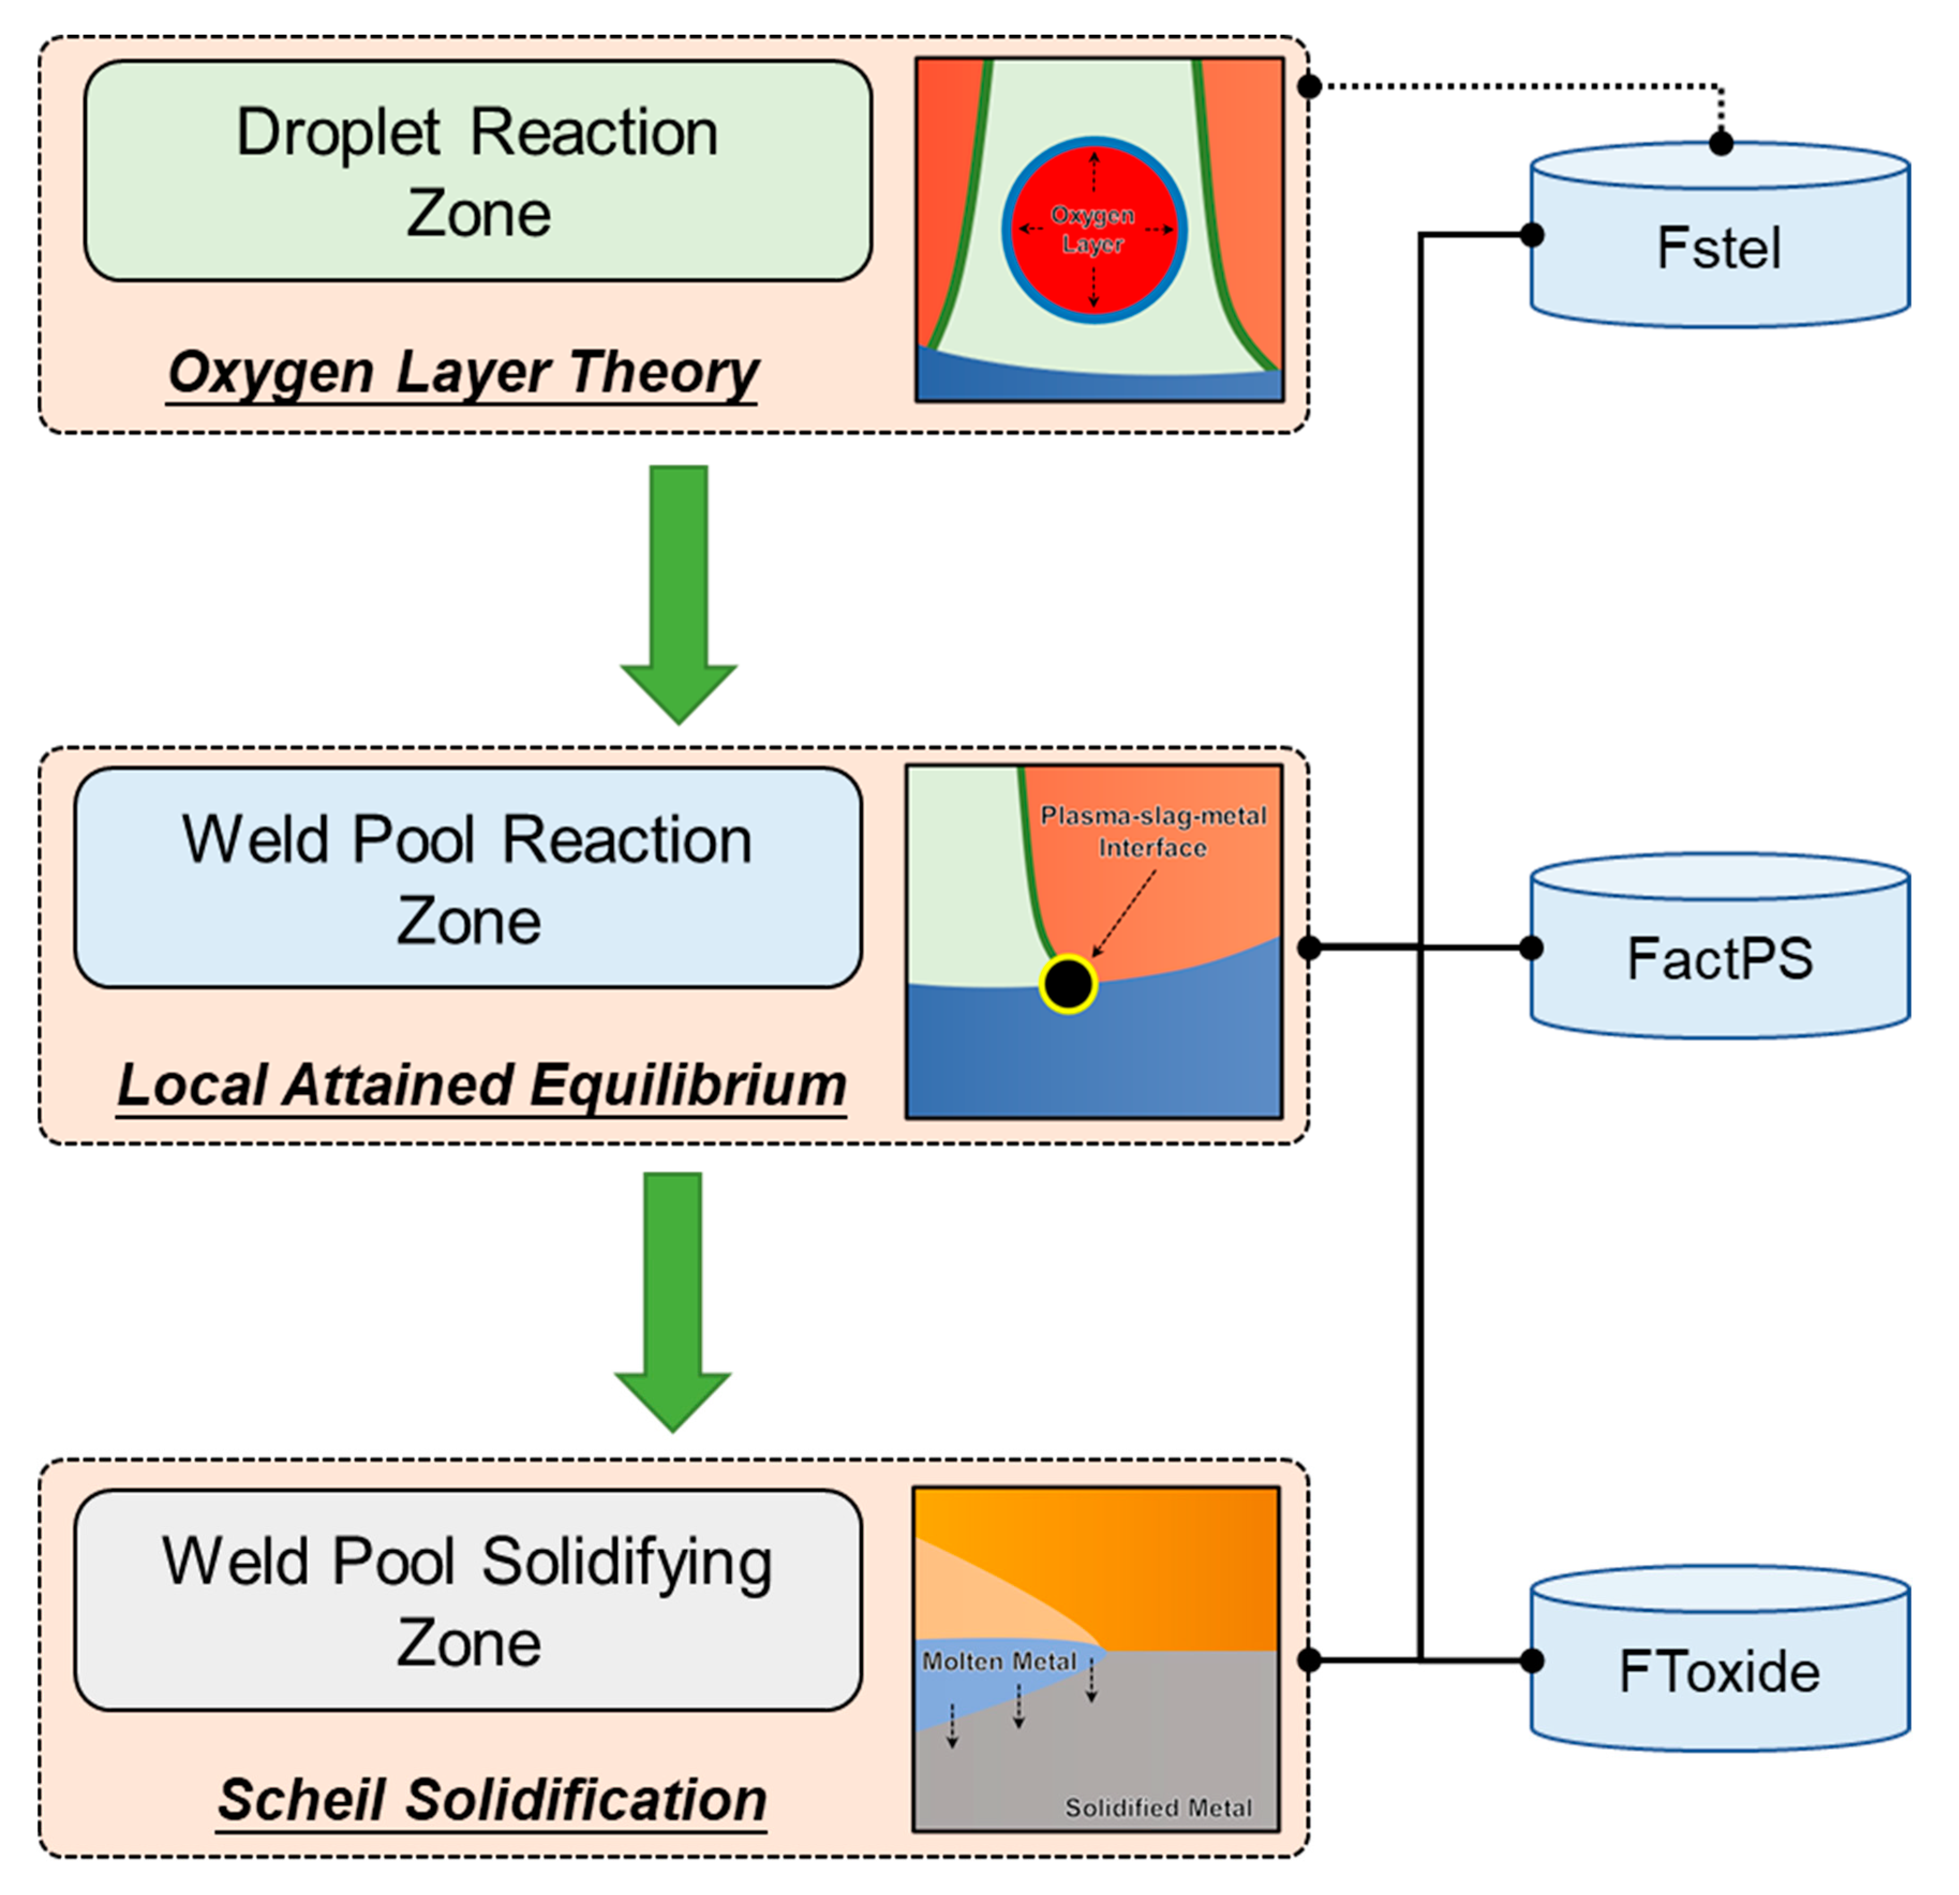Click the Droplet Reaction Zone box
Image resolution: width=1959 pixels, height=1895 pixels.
coord(478,171)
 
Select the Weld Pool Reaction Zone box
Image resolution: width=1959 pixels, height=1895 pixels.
coord(468,878)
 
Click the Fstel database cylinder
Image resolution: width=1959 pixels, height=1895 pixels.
coord(1720,235)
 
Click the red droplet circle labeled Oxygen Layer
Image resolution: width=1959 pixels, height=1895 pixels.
coord(1094,230)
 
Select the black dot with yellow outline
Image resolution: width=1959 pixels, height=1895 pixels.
coord(1068,984)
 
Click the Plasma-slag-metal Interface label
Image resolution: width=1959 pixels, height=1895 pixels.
coord(1153,831)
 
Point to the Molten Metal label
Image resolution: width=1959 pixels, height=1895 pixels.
coord(1000,1661)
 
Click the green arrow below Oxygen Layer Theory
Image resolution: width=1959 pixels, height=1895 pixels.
coord(679,594)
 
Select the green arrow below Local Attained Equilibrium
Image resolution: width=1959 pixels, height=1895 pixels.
coord(673,1302)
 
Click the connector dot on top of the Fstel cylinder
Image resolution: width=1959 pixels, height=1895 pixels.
coord(1720,143)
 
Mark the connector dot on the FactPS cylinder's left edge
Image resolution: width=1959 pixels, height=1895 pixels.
coord(1531,948)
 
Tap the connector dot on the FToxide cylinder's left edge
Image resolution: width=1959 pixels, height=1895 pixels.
coord(1531,1660)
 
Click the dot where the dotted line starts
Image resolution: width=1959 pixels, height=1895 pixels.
coord(1309,86)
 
